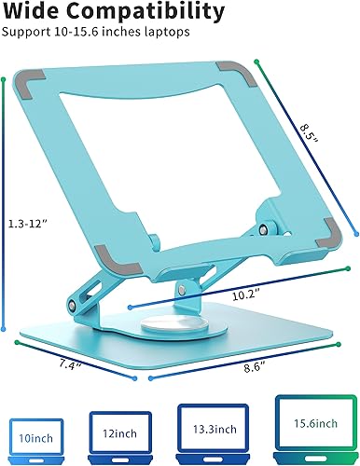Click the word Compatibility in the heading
(x=149, y=13)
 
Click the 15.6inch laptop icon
(x=314, y=430)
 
